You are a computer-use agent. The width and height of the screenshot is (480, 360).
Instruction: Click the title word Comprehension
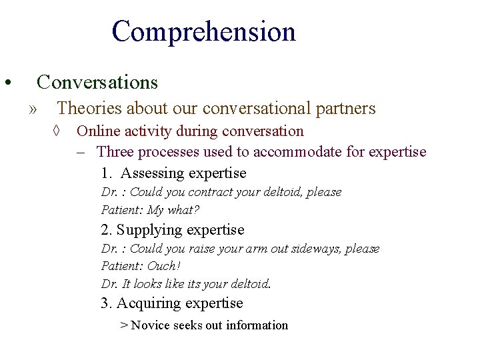[x=203, y=32]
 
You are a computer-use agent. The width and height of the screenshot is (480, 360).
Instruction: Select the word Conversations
[x=97, y=82]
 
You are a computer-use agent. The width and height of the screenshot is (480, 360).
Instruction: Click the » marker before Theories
[x=34, y=109]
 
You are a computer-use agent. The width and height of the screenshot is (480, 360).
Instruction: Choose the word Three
[x=115, y=152]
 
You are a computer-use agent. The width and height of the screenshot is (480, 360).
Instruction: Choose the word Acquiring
[x=148, y=303]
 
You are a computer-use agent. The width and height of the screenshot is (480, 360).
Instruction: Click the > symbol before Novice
[x=124, y=325]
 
